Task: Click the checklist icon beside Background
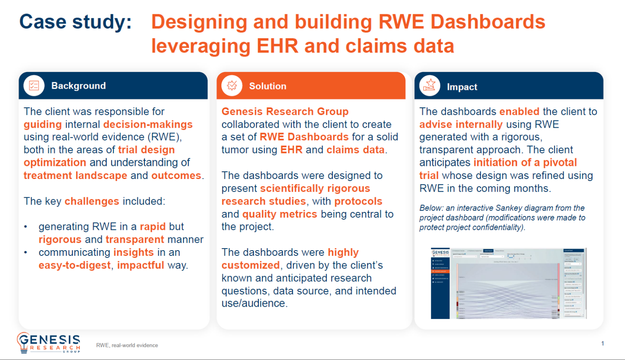pyautogui.click(x=34, y=86)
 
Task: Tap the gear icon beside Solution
pyautogui.click(x=232, y=86)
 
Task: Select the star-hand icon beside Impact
pyautogui.click(x=430, y=86)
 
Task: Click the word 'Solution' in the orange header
pyautogui.click(x=267, y=86)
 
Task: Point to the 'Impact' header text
pyautogui.click(x=462, y=87)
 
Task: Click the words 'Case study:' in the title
pyautogui.click(x=76, y=22)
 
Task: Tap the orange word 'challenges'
pyautogui.click(x=92, y=201)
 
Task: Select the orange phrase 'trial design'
pyautogui.click(x=146, y=150)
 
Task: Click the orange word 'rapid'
pyautogui.click(x=153, y=227)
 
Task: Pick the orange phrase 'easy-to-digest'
pyautogui.click(x=74, y=265)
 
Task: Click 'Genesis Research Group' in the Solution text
pyautogui.click(x=285, y=111)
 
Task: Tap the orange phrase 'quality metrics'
pyautogui.click(x=279, y=214)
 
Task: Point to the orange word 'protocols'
pyautogui.click(x=358, y=201)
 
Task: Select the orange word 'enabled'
pyautogui.click(x=519, y=111)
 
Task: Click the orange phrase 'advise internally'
pyautogui.click(x=461, y=124)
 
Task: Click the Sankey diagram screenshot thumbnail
pyautogui.click(x=508, y=283)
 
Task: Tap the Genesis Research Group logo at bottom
pyautogui.click(x=48, y=343)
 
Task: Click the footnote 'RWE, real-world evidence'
pyautogui.click(x=127, y=345)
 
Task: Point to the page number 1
pyautogui.click(x=602, y=343)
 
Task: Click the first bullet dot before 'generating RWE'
pyautogui.click(x=26, y=227)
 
